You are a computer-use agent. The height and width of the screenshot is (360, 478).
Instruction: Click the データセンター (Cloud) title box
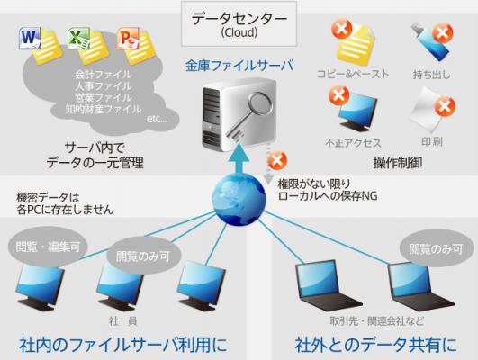(239, 23)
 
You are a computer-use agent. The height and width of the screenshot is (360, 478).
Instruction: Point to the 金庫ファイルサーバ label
(239, 66)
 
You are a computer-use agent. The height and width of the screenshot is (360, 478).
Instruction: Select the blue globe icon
(239, 199)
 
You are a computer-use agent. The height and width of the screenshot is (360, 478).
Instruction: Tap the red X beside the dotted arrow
(277, 160)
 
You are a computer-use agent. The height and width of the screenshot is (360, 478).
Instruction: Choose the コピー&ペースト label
(353, 74)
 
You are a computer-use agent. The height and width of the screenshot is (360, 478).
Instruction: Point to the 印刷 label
(432, 141)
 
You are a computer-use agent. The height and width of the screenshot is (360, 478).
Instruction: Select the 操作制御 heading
(398, 163)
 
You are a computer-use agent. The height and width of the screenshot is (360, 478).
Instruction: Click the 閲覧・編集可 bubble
(48, 247)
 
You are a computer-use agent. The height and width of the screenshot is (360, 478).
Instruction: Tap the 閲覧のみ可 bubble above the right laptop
(436, 249)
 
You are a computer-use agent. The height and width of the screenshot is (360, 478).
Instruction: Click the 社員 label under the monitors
(123, 320)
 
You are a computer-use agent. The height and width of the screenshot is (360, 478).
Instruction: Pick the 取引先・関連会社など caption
(377, 320)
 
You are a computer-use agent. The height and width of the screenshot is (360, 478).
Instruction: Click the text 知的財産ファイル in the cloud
(104, 109)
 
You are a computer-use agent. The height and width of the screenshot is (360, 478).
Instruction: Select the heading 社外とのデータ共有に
(376, 345)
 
